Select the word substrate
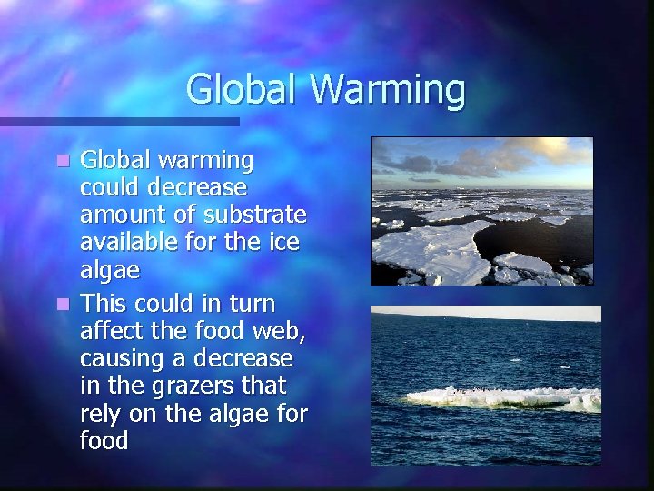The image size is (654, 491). click(x=258, y=215)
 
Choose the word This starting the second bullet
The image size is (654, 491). click(x=105, y=301)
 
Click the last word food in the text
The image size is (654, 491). click(x=104, y=442)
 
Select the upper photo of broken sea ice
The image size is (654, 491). click(x=481, y=211)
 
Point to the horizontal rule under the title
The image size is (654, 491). click(x=119, y=121)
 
